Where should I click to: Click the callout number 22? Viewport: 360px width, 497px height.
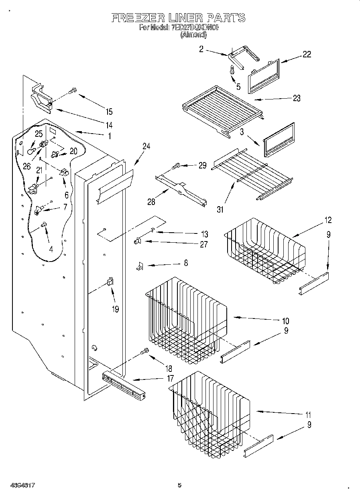(x=307, y=55)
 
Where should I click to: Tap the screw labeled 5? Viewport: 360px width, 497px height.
(x=232, y=71)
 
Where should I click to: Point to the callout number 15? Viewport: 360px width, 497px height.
(x=109, y=112)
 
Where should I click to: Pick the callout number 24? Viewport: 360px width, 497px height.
(x=146, y=147)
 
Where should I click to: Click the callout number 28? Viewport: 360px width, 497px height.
(x=151, y=202)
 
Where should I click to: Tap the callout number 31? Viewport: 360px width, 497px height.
(x=220, y=209)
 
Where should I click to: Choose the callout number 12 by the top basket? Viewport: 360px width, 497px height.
(x=328, y=220)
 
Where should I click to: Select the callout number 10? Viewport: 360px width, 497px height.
(x=285, y=321)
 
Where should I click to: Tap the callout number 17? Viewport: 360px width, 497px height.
(x=170, y=378)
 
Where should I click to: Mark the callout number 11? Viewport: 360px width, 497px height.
(x=308, y=415)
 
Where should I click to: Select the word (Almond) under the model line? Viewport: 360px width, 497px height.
(x=193, y=35)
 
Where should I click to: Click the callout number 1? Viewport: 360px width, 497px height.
(x=109, y=136)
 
